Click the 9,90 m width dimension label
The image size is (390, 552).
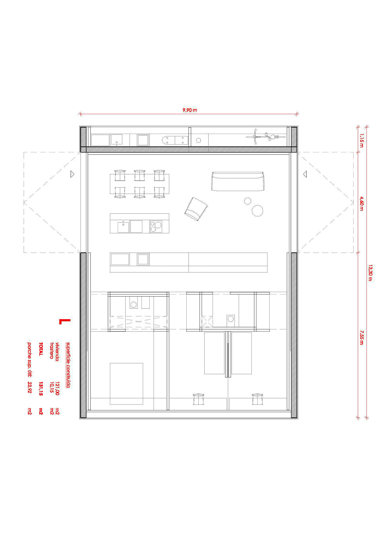pyautogui.click(x=190, y=110)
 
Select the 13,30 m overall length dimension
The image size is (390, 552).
pyautogui.click(x=371, y=273)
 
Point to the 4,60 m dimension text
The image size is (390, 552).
pyautogui.click(x=362, y=203)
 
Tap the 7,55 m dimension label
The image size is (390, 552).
pyautogui.click(x=362, y=337)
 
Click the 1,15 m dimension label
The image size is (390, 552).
pyautogui.click(x=362, y=139)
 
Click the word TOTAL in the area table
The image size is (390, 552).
pyautogui.click(x=41, y=349)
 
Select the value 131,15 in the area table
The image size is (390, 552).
pyautogui.click(x=41, y=389)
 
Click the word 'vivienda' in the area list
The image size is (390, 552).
pyautogui.click(x=57, y=351)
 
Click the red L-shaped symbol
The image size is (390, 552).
pyautogui.click(x=65, y=321)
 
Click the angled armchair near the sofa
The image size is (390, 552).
pyautogui.click(x=196, y=209)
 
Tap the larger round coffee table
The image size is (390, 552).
pyautogui.click(x=257, y=210)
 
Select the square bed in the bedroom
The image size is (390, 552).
pyautogui.click(x=126, y=384)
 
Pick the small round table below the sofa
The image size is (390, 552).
pyautogui.click(x=247, y=201)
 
